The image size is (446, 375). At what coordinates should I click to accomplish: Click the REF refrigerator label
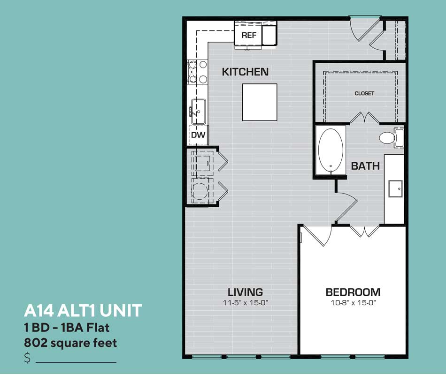pyautogui.click(x=249, y=35)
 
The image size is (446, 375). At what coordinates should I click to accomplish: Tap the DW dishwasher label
pyautogui.click(x=198, y=135)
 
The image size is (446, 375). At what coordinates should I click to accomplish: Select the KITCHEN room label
pyautogui.click(x=245, y=72)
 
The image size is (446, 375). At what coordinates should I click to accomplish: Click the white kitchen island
pyautogui.click(x=260, y=102)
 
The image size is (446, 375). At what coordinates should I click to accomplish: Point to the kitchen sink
pyautogui.click(x=199, y=112)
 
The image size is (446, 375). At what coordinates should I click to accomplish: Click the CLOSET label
pyautogui.click(x=364, y=93)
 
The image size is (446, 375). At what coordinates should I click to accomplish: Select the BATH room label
pyautogui.click(x=365, y=166)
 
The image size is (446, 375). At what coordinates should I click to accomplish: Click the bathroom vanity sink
pyautogui.click(x=395, y=188)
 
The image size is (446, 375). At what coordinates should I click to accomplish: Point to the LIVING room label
pyautogui.click(x=245, y=292)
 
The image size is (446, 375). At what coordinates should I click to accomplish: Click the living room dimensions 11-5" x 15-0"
pyautogui.click(x=246, y=303)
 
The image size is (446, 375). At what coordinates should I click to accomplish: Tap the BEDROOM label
pyautogui.click(x=353, y=292)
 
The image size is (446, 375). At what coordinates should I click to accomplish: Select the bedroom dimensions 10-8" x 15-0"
pyautogui.click(x=353, y=303)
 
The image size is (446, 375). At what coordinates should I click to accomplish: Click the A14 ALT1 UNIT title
pyautogui.click(x=83, y=310)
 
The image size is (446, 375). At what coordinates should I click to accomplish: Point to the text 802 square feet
pyautogui.click(x=70, y=343)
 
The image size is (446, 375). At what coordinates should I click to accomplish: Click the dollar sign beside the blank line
pyautogui.click(x=27, y=358)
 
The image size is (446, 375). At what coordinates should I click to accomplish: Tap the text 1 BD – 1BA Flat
pyautogui.click(x=67, y=328)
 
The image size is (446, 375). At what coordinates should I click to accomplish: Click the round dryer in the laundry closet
pyautogui.click(x=200, y=191)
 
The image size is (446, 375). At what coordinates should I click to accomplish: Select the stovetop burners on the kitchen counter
pyautogui.click(x=197, y=72)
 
